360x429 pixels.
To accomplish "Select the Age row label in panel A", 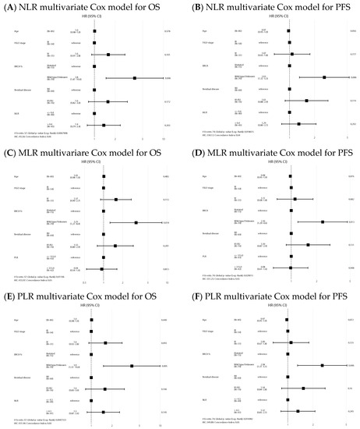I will (19, 32).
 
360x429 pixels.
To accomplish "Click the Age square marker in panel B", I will (288, 32).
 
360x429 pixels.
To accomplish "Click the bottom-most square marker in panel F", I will (298, 411).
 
